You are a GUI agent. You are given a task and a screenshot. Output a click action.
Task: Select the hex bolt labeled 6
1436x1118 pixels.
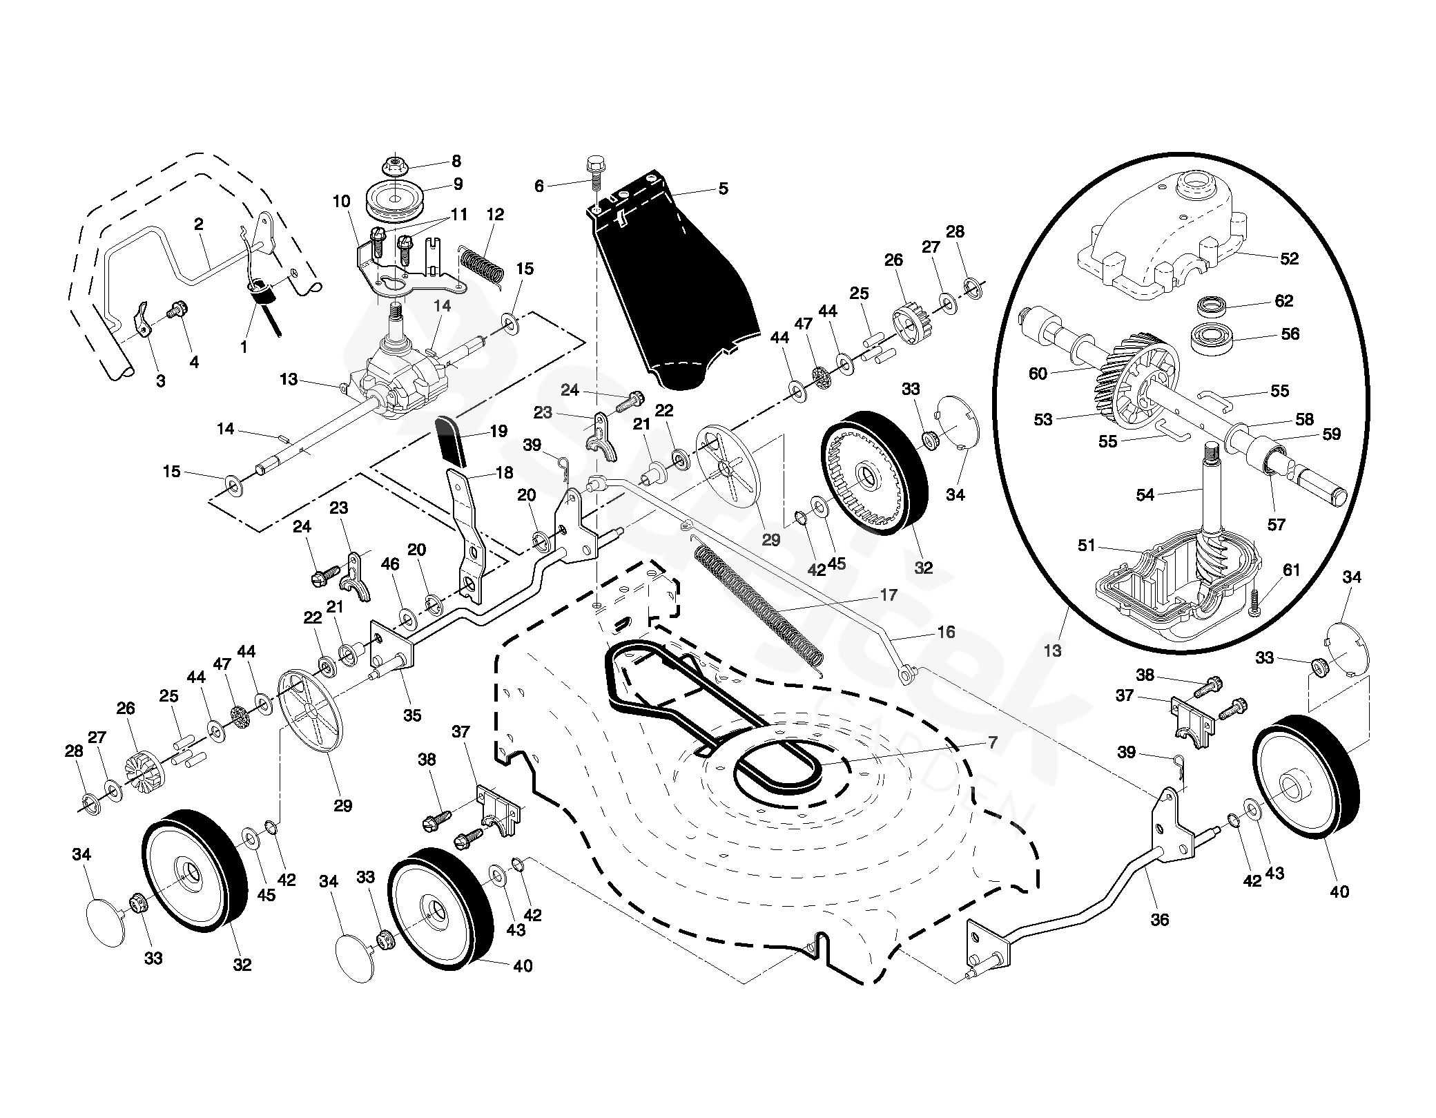click(x=594, y=177)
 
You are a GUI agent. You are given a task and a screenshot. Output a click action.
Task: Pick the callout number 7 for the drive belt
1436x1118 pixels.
click(x=993, y=742)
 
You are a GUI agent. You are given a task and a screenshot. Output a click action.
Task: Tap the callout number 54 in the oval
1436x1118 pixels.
click(x=1145, y=494)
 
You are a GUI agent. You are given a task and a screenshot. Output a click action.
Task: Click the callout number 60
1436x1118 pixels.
click(x=1038, y=374)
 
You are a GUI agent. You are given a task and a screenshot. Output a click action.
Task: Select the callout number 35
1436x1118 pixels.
click(x=412, y=715)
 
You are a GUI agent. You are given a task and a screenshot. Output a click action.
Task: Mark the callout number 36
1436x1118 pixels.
click(x=1160, y=919)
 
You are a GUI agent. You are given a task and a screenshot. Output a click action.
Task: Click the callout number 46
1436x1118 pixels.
click(x=390, y=564)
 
